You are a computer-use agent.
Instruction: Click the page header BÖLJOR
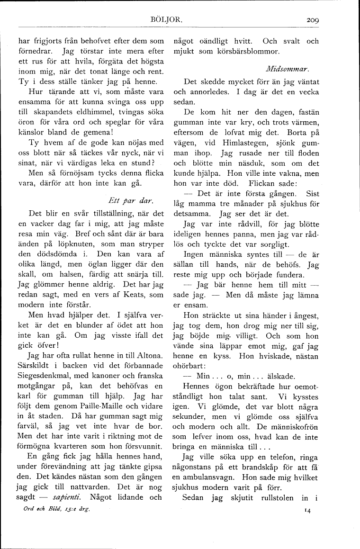163,20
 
